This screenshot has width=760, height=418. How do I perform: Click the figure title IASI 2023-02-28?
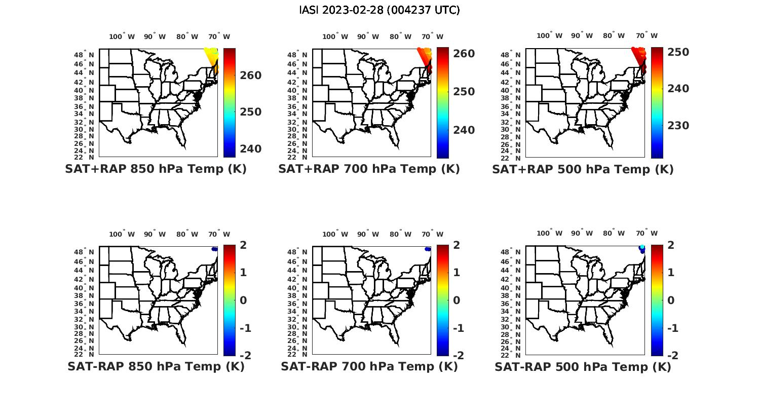(x=379, y=10)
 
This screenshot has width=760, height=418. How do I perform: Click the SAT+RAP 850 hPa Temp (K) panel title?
(x=156, y=169)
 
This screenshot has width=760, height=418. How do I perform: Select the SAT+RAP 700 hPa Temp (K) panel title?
(x=369, y=169)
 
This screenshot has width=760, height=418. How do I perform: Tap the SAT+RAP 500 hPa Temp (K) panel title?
(x=583, y=169)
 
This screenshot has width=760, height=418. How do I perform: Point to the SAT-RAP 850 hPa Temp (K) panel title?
(x=156, y=366)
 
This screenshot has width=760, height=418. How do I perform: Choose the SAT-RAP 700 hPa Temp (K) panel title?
(x=369, y=366)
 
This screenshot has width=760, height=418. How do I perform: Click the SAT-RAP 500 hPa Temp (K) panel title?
(x=583, y=366)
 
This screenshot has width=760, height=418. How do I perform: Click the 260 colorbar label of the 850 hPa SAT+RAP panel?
(x=251, y=75)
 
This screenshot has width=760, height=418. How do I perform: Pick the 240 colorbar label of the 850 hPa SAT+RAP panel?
(x=251, y=149)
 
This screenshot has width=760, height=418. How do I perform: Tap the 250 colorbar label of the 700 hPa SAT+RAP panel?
(x=464, y=92)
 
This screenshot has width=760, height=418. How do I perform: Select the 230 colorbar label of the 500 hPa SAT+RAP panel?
(x=678, y=126)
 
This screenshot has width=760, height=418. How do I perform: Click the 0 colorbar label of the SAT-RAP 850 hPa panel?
(x=243, y=300)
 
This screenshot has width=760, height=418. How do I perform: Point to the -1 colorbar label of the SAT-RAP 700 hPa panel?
(x=458, y=328)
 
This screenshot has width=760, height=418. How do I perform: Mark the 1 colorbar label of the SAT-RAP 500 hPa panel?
(x=671, y=273)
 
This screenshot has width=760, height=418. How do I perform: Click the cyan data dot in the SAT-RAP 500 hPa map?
(x=642, y=247)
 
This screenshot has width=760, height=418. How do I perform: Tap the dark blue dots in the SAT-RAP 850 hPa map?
(x=215, y=249)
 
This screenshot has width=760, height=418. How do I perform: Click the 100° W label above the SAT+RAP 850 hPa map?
(x=122, y=36)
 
